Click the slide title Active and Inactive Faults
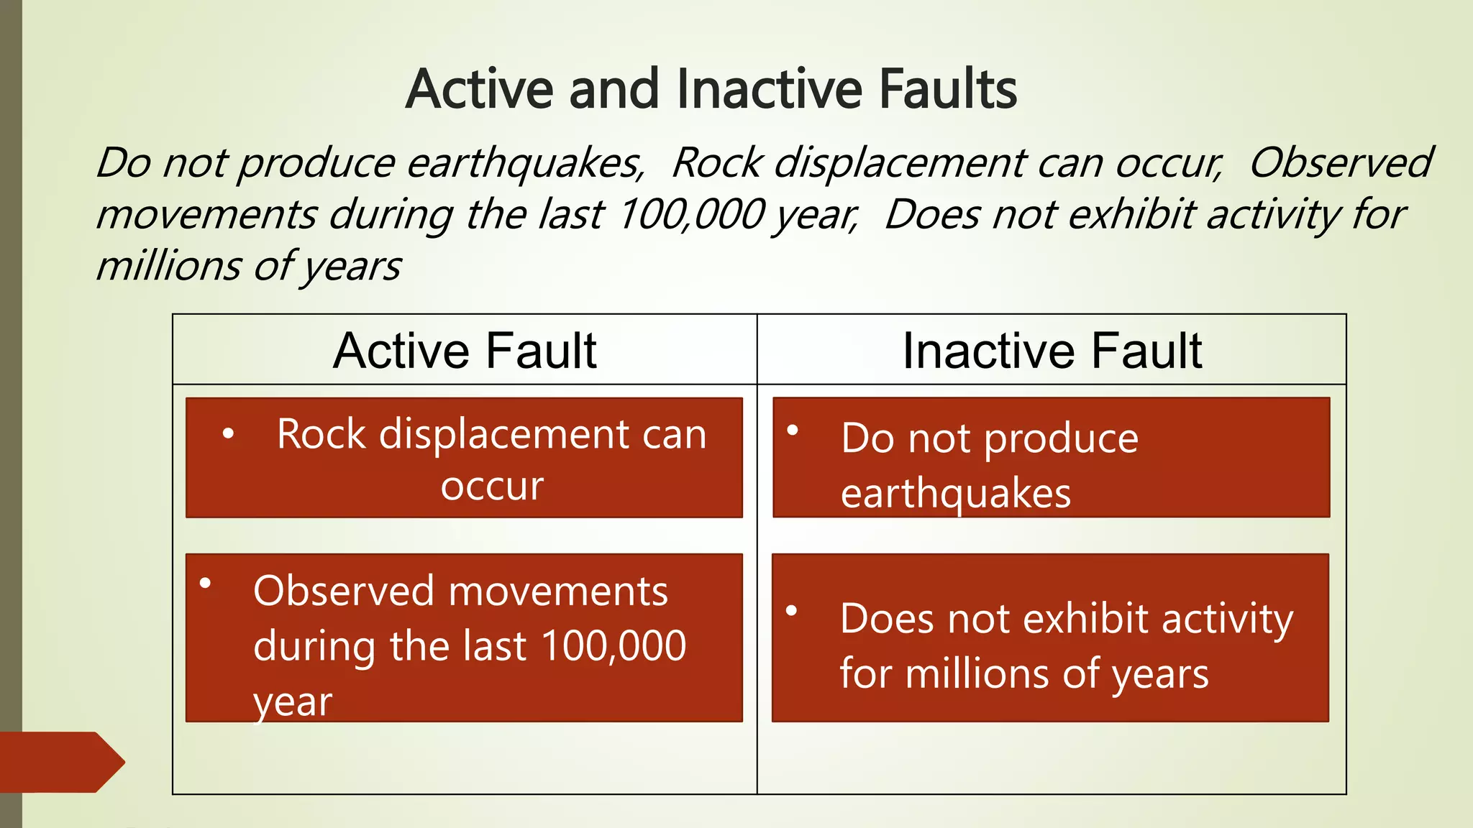pos(711,89)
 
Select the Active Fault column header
pos(465,351)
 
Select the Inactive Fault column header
pos(1052,351)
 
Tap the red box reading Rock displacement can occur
pos(464,458)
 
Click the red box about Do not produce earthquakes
pos(1051,458)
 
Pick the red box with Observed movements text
pos(464,638)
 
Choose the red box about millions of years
pos(1050,638)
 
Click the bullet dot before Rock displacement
pos(228,433)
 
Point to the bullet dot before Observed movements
pos(206,583)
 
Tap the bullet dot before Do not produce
pos(793,431)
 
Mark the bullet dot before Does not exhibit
pos(792,611)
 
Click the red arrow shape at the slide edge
pos(61,762)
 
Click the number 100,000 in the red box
pos(614,645)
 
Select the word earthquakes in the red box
pos(956,494)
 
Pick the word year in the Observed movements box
pos(293,701)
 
